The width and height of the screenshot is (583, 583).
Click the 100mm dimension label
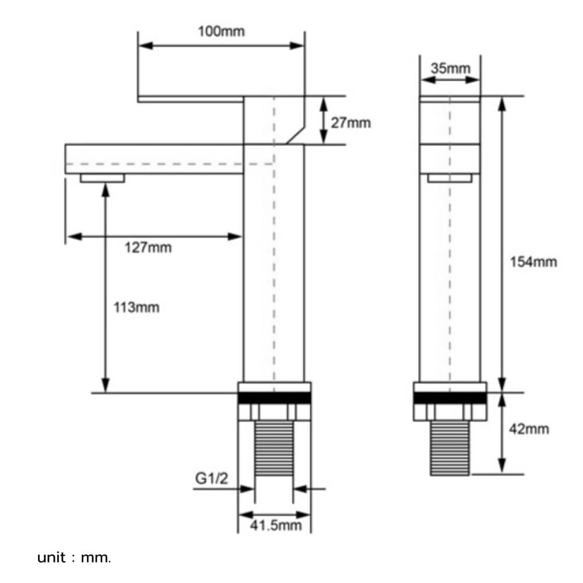pos(221,31)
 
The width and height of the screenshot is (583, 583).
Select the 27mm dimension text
pos(350,122)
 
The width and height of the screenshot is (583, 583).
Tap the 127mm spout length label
pos(148,247)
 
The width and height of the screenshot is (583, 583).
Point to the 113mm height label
pos(136,307)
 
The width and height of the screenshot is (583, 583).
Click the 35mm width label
pos(450,68)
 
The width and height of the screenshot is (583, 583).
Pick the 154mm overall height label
pos(533,262)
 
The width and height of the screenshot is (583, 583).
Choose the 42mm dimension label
pos(529,429)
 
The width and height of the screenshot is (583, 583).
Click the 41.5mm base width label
pos(276,525)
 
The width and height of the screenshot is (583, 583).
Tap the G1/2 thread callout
pos(211,478)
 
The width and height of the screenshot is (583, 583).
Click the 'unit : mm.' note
pos(74,558)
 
